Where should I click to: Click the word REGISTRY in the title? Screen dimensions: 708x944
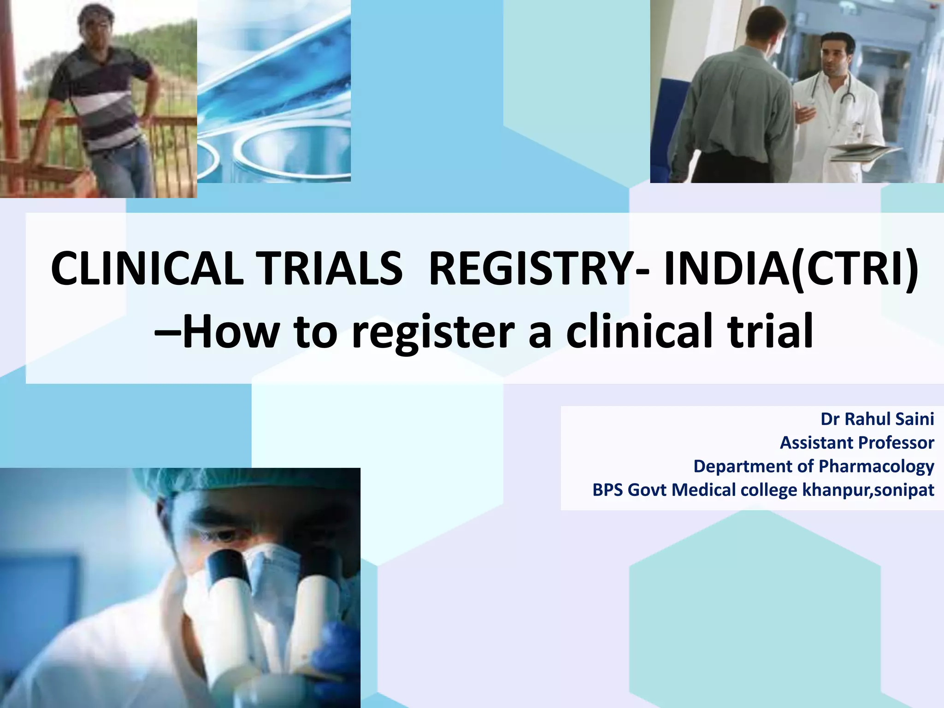(x=530, y=268)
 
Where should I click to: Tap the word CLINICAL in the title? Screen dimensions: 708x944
(x=147, y=268)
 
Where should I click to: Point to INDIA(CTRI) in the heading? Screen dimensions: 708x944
(x=791, y=268)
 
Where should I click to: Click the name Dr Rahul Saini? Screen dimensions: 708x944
(x=877, y=419)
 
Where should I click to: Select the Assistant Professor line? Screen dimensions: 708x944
(x=857, y=442)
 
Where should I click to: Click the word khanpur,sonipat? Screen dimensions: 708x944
(x=868, y=490)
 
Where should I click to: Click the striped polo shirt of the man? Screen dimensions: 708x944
(x=101, y=97)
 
